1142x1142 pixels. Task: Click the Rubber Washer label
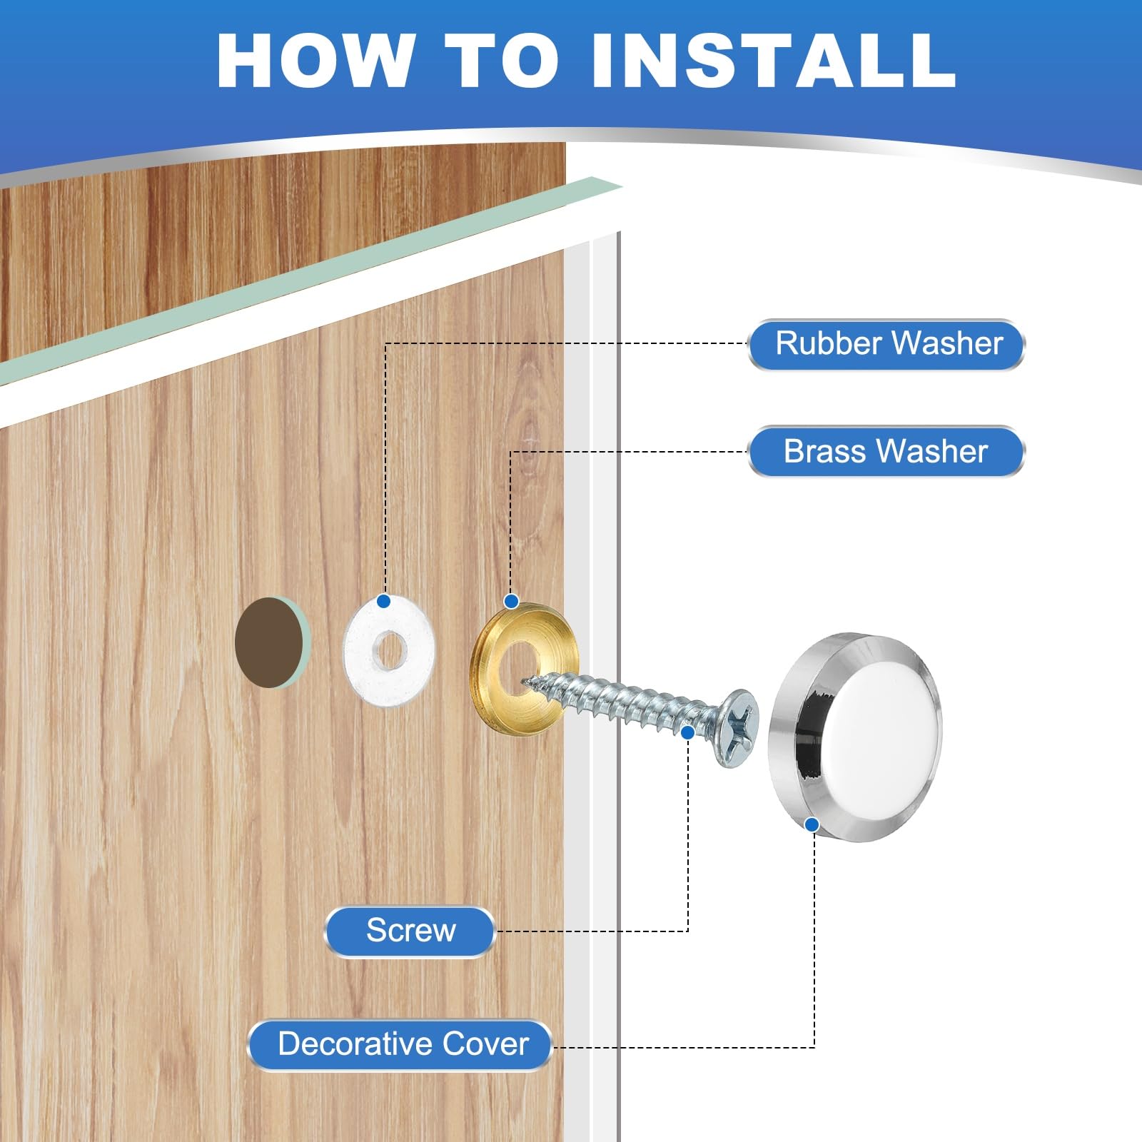coord(886,344)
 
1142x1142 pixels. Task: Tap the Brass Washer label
coord(886,451)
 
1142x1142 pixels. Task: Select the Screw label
coord(410,931)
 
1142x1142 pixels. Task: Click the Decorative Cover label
coord(400,1045)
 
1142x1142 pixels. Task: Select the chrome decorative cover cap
coord(855,737)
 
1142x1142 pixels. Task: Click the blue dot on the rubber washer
coord(383,601)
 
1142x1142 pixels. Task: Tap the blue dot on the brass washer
coord(511,601)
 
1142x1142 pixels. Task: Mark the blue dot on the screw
coord(688,732)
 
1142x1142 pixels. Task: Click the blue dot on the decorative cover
coord(812,824)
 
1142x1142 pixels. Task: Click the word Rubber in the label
coord(829,343)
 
